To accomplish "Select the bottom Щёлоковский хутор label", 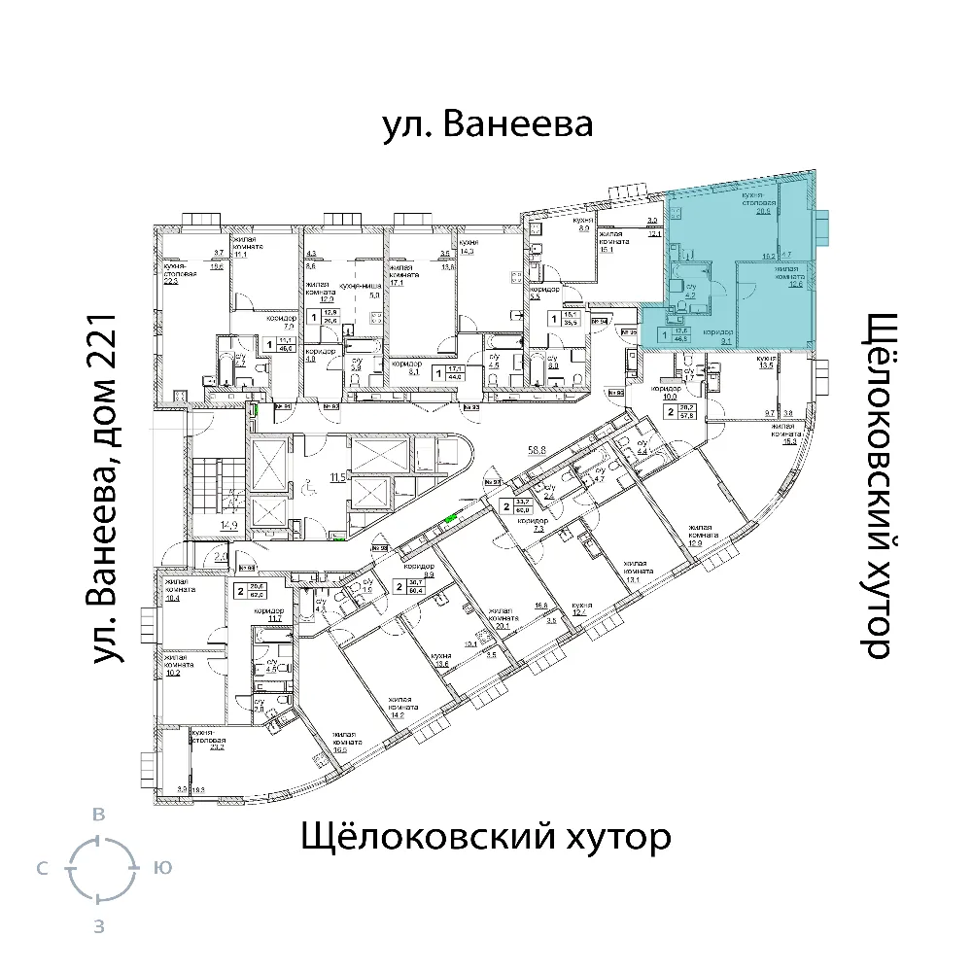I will [x=486, y=836].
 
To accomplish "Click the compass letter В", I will [x=98, y=815].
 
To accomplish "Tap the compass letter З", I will [x=98, y=926].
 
